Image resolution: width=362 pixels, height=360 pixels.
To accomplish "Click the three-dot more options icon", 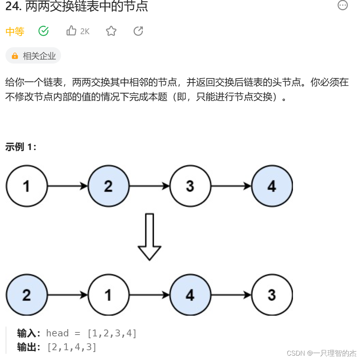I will click(x=342, y=5).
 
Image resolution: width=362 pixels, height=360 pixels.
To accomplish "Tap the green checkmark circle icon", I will click(x=44, y=31).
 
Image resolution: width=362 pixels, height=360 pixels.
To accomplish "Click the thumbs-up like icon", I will click(x=71, y=31).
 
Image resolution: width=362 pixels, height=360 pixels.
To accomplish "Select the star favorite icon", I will click(x=111, y=31).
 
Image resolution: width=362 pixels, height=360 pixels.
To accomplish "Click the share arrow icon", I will click(x=138, y=31).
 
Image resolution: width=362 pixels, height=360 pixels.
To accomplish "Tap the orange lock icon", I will click(x=15, y=56).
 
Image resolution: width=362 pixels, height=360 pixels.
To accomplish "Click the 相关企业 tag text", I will click(x=39, y=56).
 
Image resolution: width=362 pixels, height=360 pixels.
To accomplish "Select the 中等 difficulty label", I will click(x=15, y=32).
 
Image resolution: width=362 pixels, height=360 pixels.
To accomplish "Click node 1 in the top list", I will click(x=27, y=186).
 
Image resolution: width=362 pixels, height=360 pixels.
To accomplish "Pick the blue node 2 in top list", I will click(x=108, y=186).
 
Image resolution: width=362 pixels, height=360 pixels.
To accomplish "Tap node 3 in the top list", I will click(x=190, y=186).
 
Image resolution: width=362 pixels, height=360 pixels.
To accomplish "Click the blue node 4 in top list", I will click(x=272, y=186).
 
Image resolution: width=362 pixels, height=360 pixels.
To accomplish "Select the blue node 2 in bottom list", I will click(x=27, y=295).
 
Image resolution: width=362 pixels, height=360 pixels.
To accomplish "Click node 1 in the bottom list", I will click(x=108, y=295).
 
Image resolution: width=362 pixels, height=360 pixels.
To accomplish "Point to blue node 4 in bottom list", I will click(x=190, y=295).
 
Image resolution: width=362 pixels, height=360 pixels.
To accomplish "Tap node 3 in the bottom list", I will click(x=272, y=295).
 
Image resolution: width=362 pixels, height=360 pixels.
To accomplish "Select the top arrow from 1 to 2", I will click(x=68, y=186).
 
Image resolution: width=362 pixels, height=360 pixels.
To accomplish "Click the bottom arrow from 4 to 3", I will click(x=231, y=295).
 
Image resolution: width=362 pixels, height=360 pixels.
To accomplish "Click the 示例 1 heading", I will click(x=21, y=147).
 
